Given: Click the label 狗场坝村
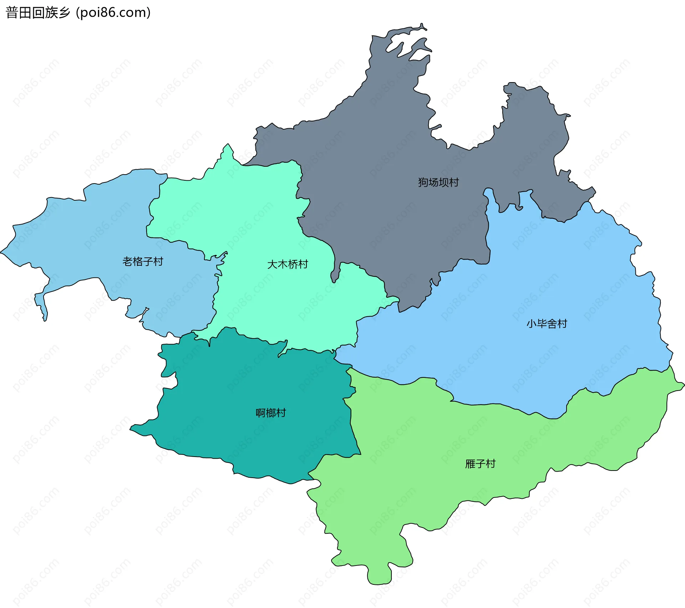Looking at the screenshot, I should (438, 182).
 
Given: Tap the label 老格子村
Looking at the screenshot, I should (143, 262).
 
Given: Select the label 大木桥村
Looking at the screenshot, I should (288, 265).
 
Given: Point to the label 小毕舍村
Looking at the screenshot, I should (547, 324).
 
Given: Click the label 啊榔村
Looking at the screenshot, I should (271, 413).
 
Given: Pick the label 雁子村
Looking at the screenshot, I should (480, 464).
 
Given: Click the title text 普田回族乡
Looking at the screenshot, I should (38, 13).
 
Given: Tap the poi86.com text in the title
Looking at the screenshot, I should (113, 13).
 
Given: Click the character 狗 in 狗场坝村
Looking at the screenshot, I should (423, 182).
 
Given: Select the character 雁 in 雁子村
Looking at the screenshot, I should (470, 464).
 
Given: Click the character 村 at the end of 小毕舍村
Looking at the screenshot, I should (562, 324).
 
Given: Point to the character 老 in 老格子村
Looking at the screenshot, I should (127, 262).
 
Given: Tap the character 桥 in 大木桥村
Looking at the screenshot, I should (293, 265).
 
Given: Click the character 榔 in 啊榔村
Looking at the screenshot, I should (271, 413).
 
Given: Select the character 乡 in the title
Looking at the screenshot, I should (64, 13).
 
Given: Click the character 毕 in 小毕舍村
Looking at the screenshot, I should (542, 324).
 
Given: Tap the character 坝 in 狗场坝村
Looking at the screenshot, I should (443, 182).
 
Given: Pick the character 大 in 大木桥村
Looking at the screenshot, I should (272, 265).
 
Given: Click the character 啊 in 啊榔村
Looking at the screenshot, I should (261, 413).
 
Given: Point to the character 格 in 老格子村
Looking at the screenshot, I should (138, 262).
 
